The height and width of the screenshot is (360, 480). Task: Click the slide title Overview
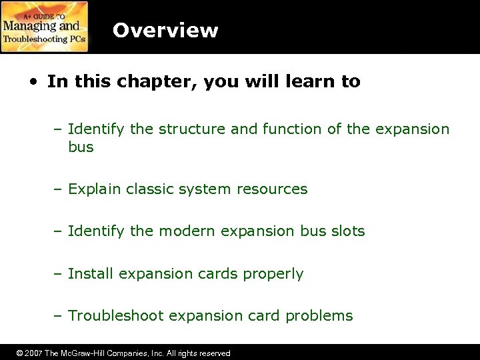165,31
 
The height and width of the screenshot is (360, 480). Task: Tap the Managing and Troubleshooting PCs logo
45,27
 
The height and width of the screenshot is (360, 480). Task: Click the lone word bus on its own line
81,147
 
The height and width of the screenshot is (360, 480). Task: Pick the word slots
347,231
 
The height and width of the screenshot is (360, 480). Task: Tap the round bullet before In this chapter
33,83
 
